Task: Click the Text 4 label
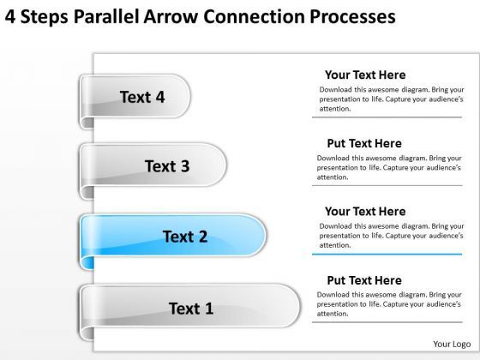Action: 142,97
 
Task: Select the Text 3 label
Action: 167,166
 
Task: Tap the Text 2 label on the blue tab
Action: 185,237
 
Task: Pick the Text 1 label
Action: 190,308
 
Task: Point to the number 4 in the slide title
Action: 10,16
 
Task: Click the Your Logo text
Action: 448,344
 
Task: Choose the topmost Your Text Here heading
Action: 365,75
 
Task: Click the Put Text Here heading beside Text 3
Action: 364,143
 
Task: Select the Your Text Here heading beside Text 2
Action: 365,211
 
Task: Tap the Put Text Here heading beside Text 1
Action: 364,279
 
